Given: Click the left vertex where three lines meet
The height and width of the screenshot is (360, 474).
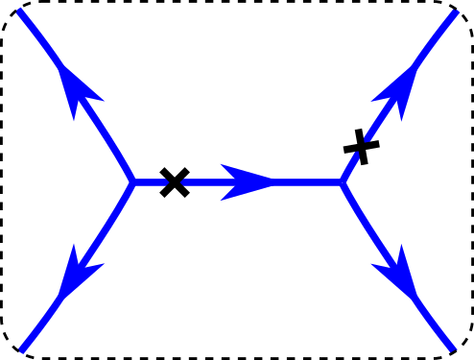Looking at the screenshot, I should [x=132, y=181].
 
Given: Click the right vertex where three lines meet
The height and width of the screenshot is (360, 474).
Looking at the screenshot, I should [x=342, y=181].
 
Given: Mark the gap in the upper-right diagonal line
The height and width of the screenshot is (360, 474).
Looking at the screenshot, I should [x=360, y=146].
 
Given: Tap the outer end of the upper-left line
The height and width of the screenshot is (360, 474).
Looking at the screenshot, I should [x=21, y=12].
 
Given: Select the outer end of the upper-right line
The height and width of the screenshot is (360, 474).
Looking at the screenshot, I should [x=455, y=12].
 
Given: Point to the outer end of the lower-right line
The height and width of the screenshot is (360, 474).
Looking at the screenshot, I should [x=452, y=347].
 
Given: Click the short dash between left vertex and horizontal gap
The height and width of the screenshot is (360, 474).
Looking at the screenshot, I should [x=151, y=181].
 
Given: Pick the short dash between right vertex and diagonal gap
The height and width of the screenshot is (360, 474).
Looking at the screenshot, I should [x=350, y=167].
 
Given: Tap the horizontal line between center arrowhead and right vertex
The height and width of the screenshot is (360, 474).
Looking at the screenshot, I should [x=307, y=181].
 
